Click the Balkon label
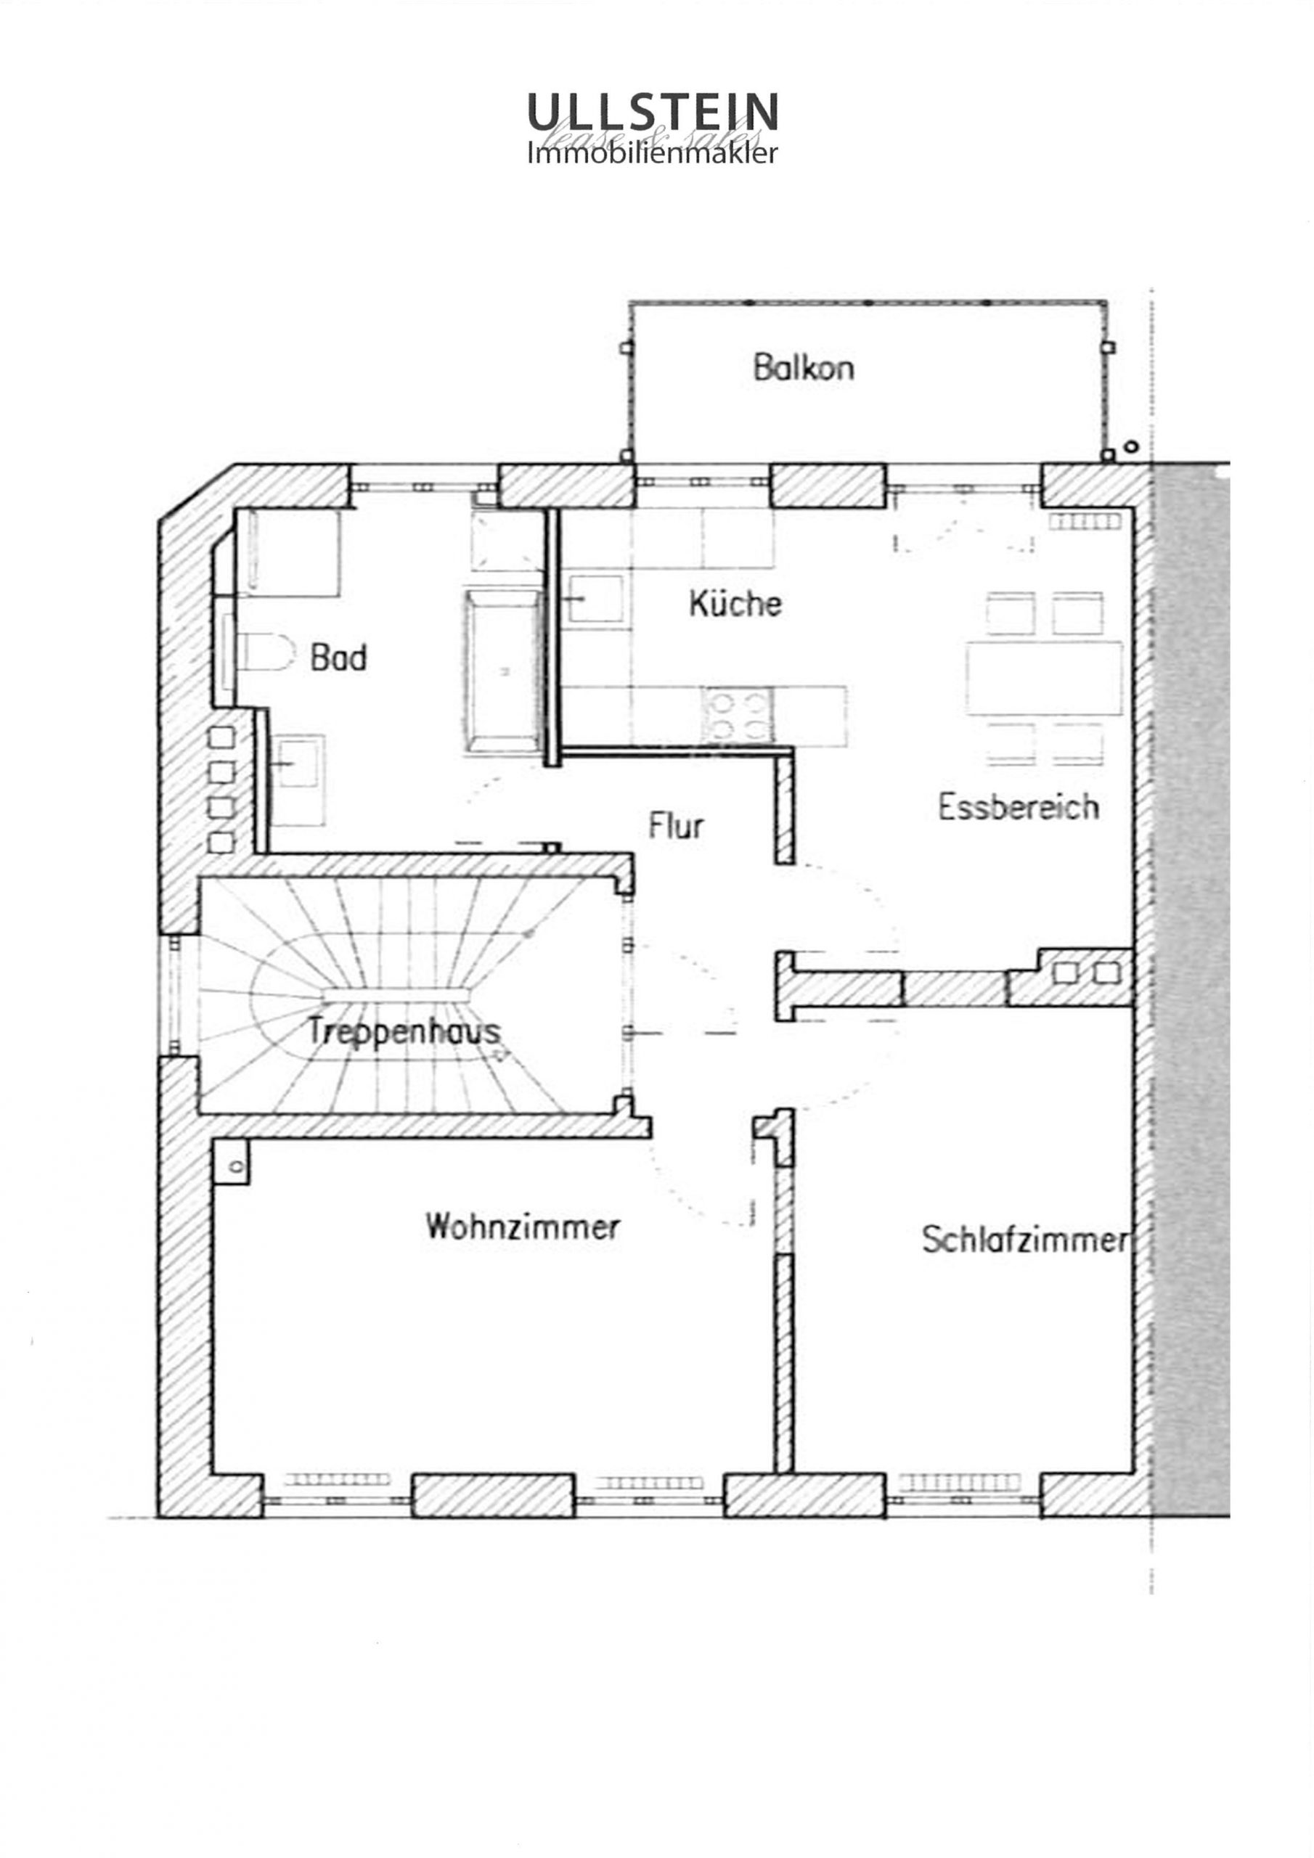click(x=803, y=367)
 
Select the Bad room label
click(x=338, y=657)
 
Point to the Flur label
click(x=676, y=825)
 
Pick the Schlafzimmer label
click(x=1025, y=1240)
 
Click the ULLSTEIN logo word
click(x=653, y=112)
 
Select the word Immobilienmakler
click(x=653, y=153)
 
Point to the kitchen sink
click(x=595, y=599)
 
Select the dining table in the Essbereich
click(x=1045, y=678)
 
